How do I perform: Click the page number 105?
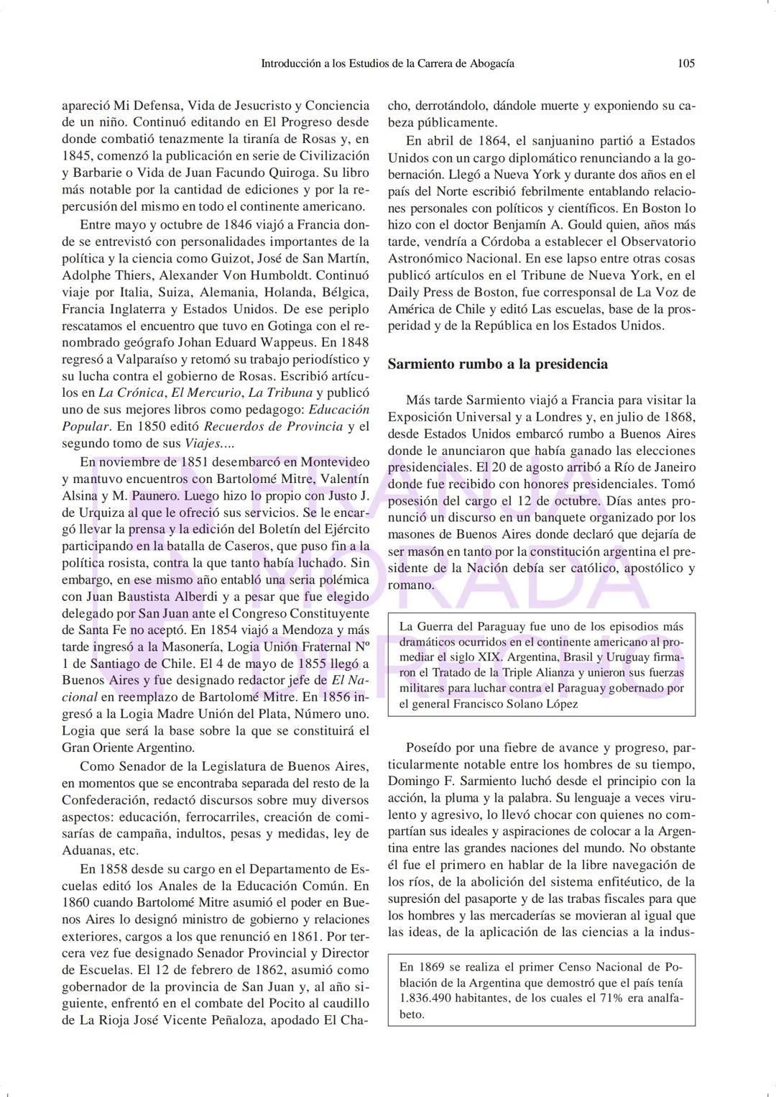686,63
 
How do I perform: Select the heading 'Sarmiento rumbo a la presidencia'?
497,364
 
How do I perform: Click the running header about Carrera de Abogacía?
387,63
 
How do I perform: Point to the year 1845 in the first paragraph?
78,156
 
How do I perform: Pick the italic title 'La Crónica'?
131,393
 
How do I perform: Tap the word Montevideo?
336,462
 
